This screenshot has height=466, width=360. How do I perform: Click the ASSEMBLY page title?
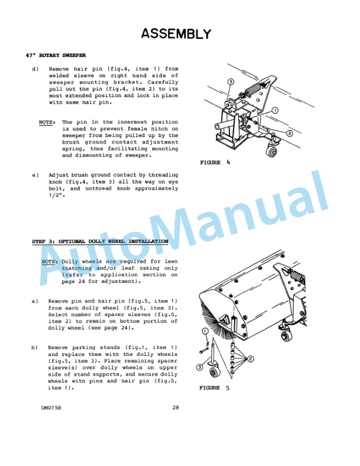tap(176, 34)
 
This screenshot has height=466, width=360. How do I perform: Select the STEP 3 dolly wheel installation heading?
tap(99, 241)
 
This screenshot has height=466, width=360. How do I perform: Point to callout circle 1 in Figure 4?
tap(275, 110)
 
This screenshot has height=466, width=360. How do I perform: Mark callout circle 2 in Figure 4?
tap(289, 134)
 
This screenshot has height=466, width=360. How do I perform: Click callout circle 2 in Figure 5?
tap(251, 359)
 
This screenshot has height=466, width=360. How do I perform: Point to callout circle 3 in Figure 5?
tap(199, 368)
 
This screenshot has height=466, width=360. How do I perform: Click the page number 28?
tap(175, 408)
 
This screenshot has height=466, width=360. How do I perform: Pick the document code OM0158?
tap(51, 408)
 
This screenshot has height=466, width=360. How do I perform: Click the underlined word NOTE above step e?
tap(46, 122)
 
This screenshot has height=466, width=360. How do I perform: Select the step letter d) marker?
tap(35, 69)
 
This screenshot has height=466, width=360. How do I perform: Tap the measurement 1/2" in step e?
tap(55, 195)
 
